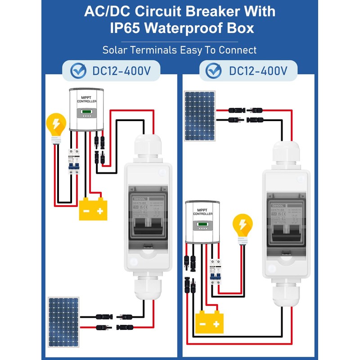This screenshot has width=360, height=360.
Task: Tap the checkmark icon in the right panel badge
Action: point(213,71)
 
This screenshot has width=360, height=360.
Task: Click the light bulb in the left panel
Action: point(56,126)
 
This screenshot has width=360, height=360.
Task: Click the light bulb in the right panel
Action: point(242,227)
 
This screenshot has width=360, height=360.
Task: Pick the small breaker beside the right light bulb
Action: point(216,273)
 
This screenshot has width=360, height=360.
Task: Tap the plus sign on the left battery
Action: point(100,211)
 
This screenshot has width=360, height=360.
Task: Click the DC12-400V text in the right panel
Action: point(258,71)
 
